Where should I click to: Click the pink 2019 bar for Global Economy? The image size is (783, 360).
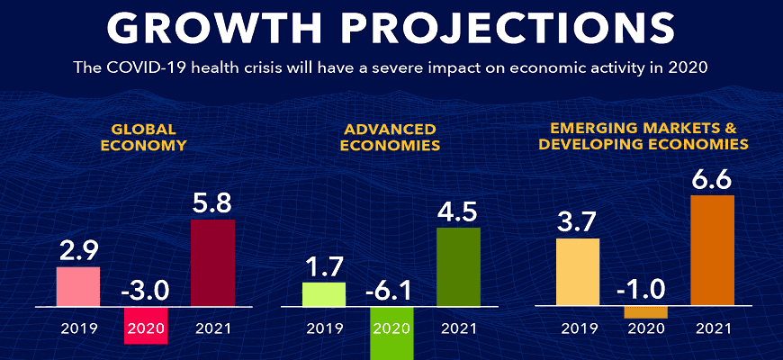click(x=77, y=286)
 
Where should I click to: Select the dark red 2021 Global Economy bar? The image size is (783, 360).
click(x=212, y=262)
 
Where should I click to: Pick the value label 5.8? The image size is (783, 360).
click(x=212, y=202)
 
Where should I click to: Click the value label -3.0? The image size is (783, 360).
click(x=144, y=291)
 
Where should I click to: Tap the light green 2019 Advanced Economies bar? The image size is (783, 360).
click(x=324, y=294)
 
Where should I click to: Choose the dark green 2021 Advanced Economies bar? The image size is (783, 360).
click(x=458, y=266)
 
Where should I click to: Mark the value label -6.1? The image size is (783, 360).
click(x=391, y=291)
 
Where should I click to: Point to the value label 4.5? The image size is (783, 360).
click(x=458, y=211)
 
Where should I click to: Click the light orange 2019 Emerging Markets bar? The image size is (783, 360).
click(x=578, y=272)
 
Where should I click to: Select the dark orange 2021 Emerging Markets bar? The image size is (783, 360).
click(x=712, y=250)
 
